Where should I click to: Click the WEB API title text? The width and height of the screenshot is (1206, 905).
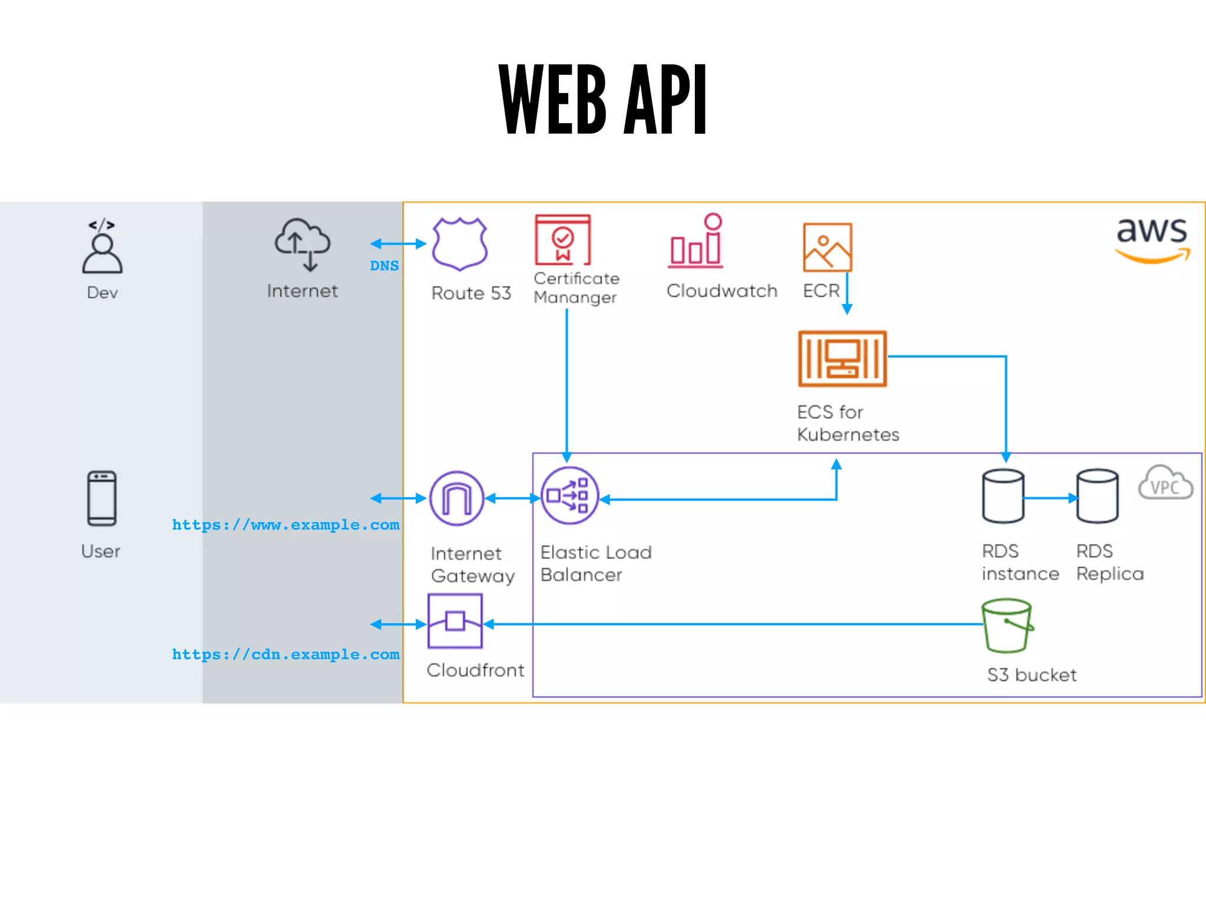coord(602,100)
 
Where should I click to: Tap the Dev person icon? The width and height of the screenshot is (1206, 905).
coord(102,247)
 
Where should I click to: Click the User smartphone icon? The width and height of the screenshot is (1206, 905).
coord(102,498)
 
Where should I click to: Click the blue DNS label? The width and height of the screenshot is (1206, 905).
coord(385,266)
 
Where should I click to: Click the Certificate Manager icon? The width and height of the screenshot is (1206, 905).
coord(562,240)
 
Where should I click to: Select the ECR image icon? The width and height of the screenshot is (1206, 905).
coord(827,247)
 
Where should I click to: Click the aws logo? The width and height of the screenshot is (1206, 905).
coord(1152,239)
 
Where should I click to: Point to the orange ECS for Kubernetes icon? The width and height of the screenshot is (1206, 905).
coord(842,358)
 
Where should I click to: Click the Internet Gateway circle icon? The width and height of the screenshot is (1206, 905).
coord(456,498)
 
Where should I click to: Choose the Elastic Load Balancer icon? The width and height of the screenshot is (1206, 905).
coord(569,496)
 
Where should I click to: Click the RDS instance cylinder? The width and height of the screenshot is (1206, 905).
coord(1003,496)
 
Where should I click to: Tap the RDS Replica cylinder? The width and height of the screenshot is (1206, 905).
coord(1097,496)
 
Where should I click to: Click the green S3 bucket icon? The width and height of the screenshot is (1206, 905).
coord(1007,626)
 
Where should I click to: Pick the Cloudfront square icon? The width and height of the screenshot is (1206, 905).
coord(455,621)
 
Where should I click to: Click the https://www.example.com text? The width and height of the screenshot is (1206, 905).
coord(286,524)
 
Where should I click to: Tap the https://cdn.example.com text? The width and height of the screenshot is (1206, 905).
coord(286,654)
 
